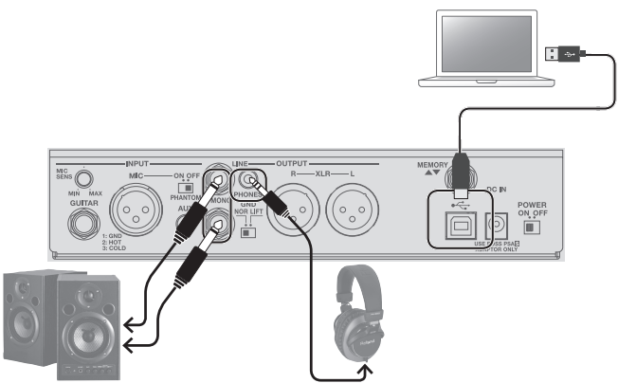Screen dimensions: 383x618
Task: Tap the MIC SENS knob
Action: point(85,177)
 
